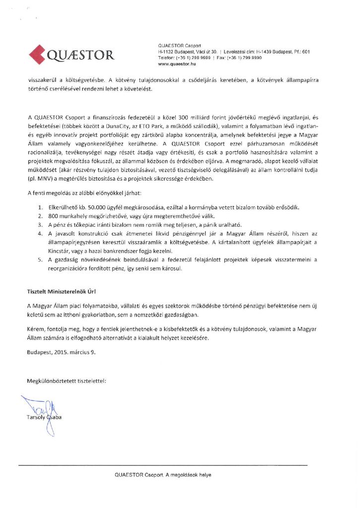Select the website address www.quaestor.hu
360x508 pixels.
pyautogui.click(x=177, y=64)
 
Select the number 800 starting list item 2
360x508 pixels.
pyautogui.click(x=54, y=216)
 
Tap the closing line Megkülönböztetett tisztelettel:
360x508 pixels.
pyautogui.click(x=67, y=381)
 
